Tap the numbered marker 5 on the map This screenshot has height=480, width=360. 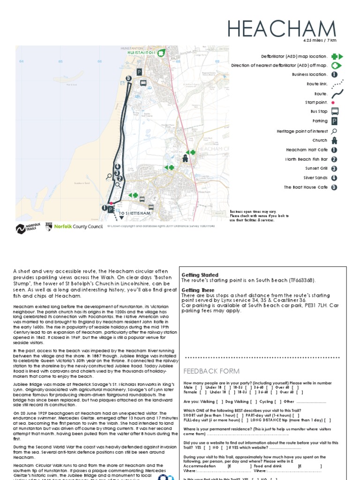pos(128,79)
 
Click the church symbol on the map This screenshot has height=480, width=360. pos(185,158)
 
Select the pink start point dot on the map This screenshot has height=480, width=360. pos(111,203)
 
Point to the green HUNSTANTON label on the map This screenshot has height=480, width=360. pos(141,53)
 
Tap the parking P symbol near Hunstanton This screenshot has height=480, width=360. pos(139,72)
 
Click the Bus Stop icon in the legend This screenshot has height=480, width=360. pos(335,112)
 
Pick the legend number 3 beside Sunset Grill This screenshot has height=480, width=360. pos(334,168)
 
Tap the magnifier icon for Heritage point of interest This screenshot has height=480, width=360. pos(335,131)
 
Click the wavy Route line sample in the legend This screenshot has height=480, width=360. pos(335,93)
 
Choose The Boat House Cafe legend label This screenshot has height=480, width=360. pos(305,187)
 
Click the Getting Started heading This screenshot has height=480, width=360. pos(200,275)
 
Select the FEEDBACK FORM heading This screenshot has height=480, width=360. pos(205,371)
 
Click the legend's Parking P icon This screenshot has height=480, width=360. pos(335,121)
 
